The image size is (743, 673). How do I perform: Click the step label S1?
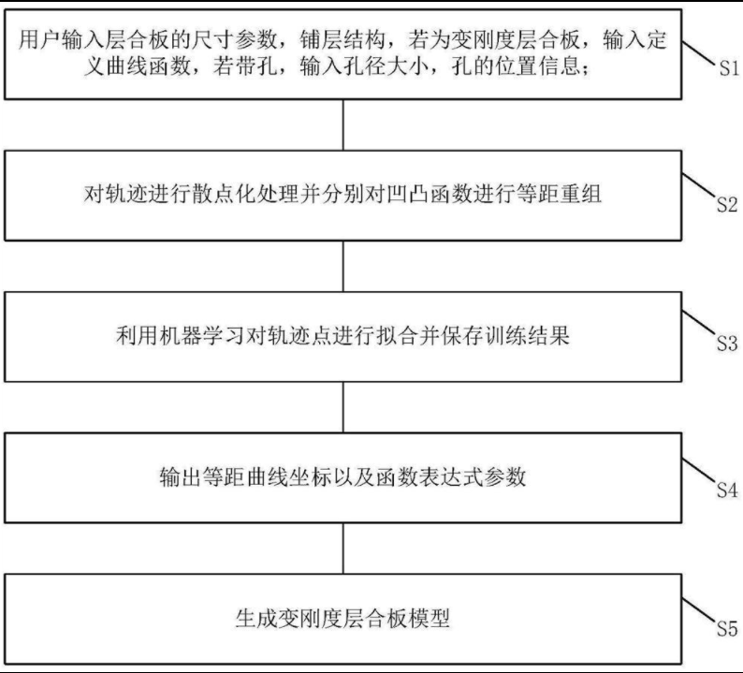[729, 69]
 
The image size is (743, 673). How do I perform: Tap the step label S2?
[729, 205]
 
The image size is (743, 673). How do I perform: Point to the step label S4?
[729, 489]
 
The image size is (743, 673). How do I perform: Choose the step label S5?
[729, 628]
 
